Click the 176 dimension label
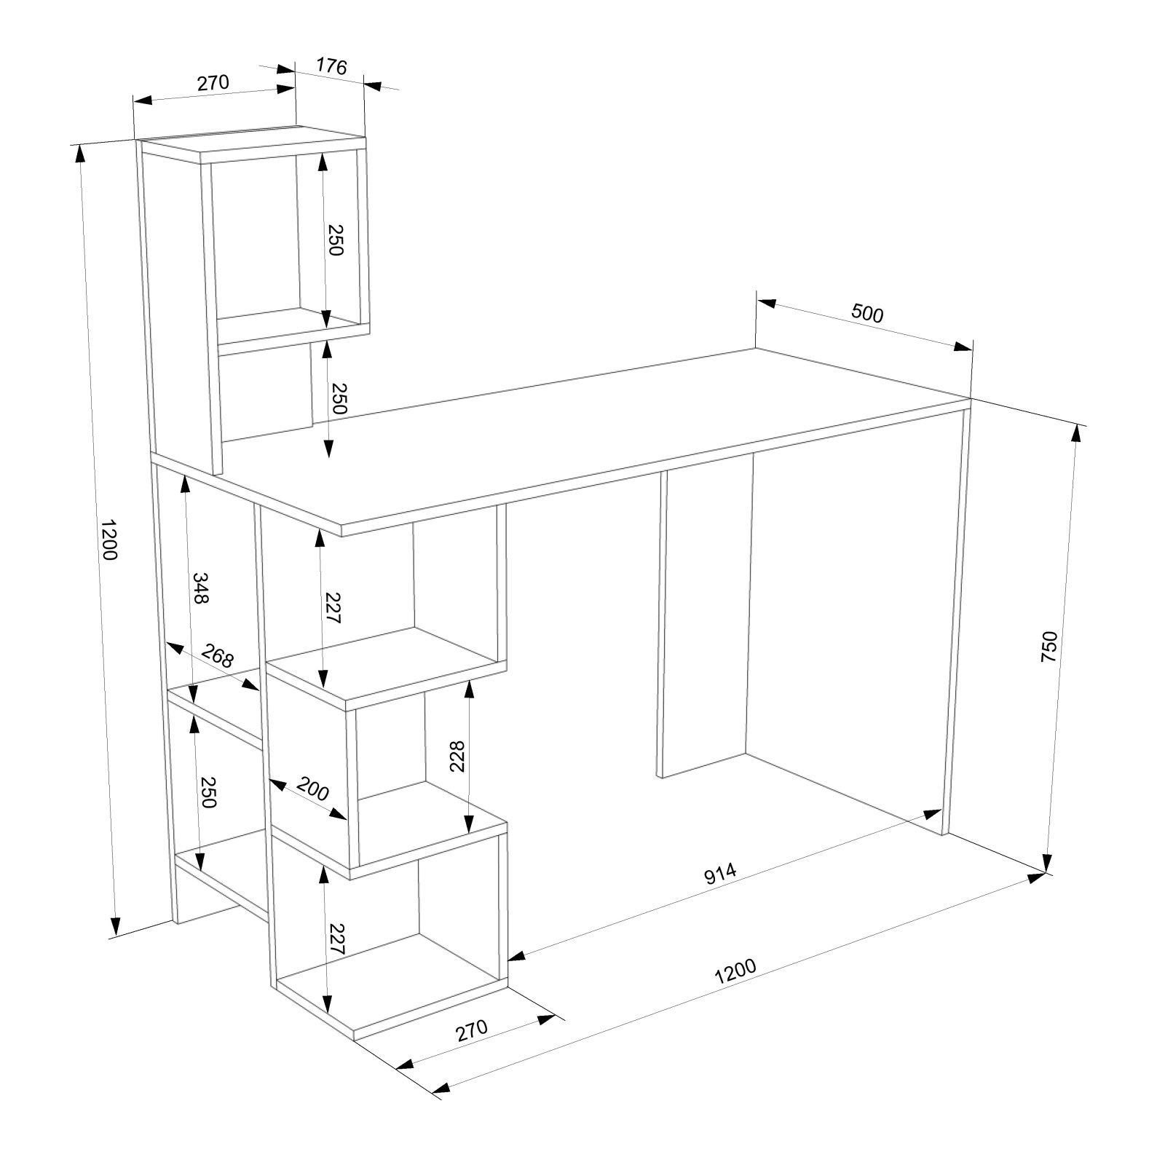coord(331,65)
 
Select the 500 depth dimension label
coord(866,315)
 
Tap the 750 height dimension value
coord(1048,647)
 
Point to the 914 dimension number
coord(722,873)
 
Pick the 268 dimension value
coord(217,656)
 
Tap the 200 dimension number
coord(313,789)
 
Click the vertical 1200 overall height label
coord(108,540)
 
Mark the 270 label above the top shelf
coord(213,83)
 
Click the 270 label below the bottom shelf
coord(471,1030)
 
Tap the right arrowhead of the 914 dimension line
coord(934,813)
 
